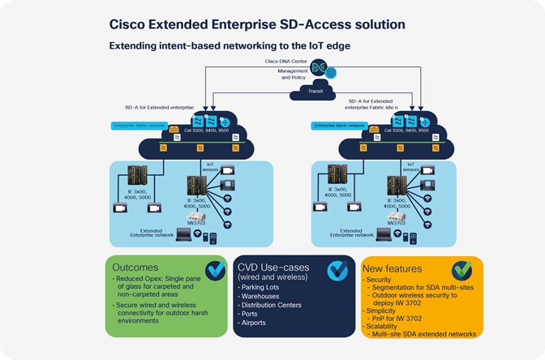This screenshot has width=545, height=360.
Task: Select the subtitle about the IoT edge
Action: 230,46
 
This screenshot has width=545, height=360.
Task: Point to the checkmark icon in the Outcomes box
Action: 215,270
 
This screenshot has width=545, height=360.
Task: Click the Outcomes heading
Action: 139,267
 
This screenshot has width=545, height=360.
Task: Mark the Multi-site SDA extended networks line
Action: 423,332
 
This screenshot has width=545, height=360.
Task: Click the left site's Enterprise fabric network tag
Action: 139,126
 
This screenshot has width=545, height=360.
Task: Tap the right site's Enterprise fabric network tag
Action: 340,126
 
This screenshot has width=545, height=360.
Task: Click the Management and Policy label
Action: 294,74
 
